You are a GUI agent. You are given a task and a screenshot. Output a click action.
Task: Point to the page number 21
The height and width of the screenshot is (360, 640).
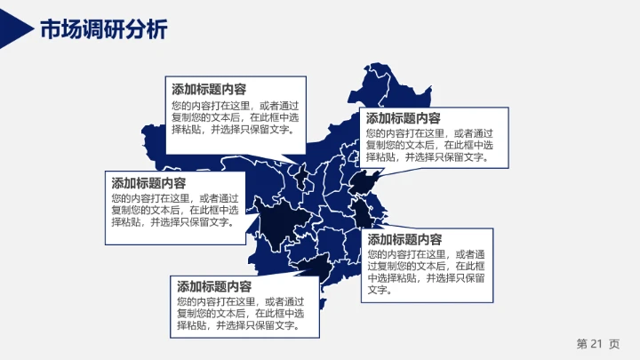(596, 344)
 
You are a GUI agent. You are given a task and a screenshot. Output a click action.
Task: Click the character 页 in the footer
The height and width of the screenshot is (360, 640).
(614, 344)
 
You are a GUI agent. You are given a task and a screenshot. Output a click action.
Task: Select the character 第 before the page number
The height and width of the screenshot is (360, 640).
(581, 344)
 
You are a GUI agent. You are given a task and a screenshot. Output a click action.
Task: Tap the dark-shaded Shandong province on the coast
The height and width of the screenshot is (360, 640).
(365, 183)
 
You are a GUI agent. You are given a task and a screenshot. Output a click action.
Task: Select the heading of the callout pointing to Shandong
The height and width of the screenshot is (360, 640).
(403, 118)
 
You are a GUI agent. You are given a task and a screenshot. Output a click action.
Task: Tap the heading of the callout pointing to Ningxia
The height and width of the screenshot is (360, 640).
(209, 89)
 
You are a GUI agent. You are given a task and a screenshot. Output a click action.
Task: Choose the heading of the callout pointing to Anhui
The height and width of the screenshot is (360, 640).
(405, 240)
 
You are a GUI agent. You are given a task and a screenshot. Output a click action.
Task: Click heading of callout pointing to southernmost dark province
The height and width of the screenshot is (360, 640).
(214, 287)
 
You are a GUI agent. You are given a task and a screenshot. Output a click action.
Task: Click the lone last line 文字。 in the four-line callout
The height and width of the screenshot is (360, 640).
(379, 291)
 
